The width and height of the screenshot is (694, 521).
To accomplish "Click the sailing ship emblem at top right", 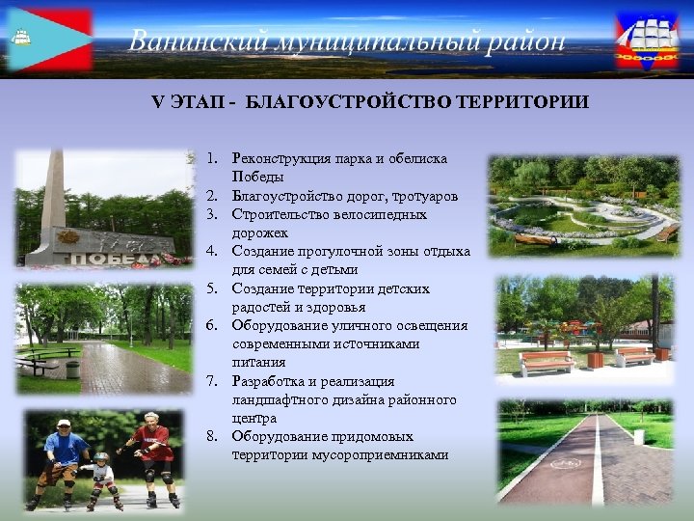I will pos(647,41).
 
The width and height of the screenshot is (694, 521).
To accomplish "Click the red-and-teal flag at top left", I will pos(50,40).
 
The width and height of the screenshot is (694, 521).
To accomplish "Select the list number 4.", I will pos(213,252).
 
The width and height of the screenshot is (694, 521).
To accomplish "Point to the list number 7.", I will pos(213,381).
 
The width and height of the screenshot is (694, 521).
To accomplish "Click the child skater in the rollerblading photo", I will pos(100,479).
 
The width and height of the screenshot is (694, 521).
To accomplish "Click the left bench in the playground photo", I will pos(546,363).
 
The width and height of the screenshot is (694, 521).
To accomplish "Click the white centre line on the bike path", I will pos(598,463).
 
